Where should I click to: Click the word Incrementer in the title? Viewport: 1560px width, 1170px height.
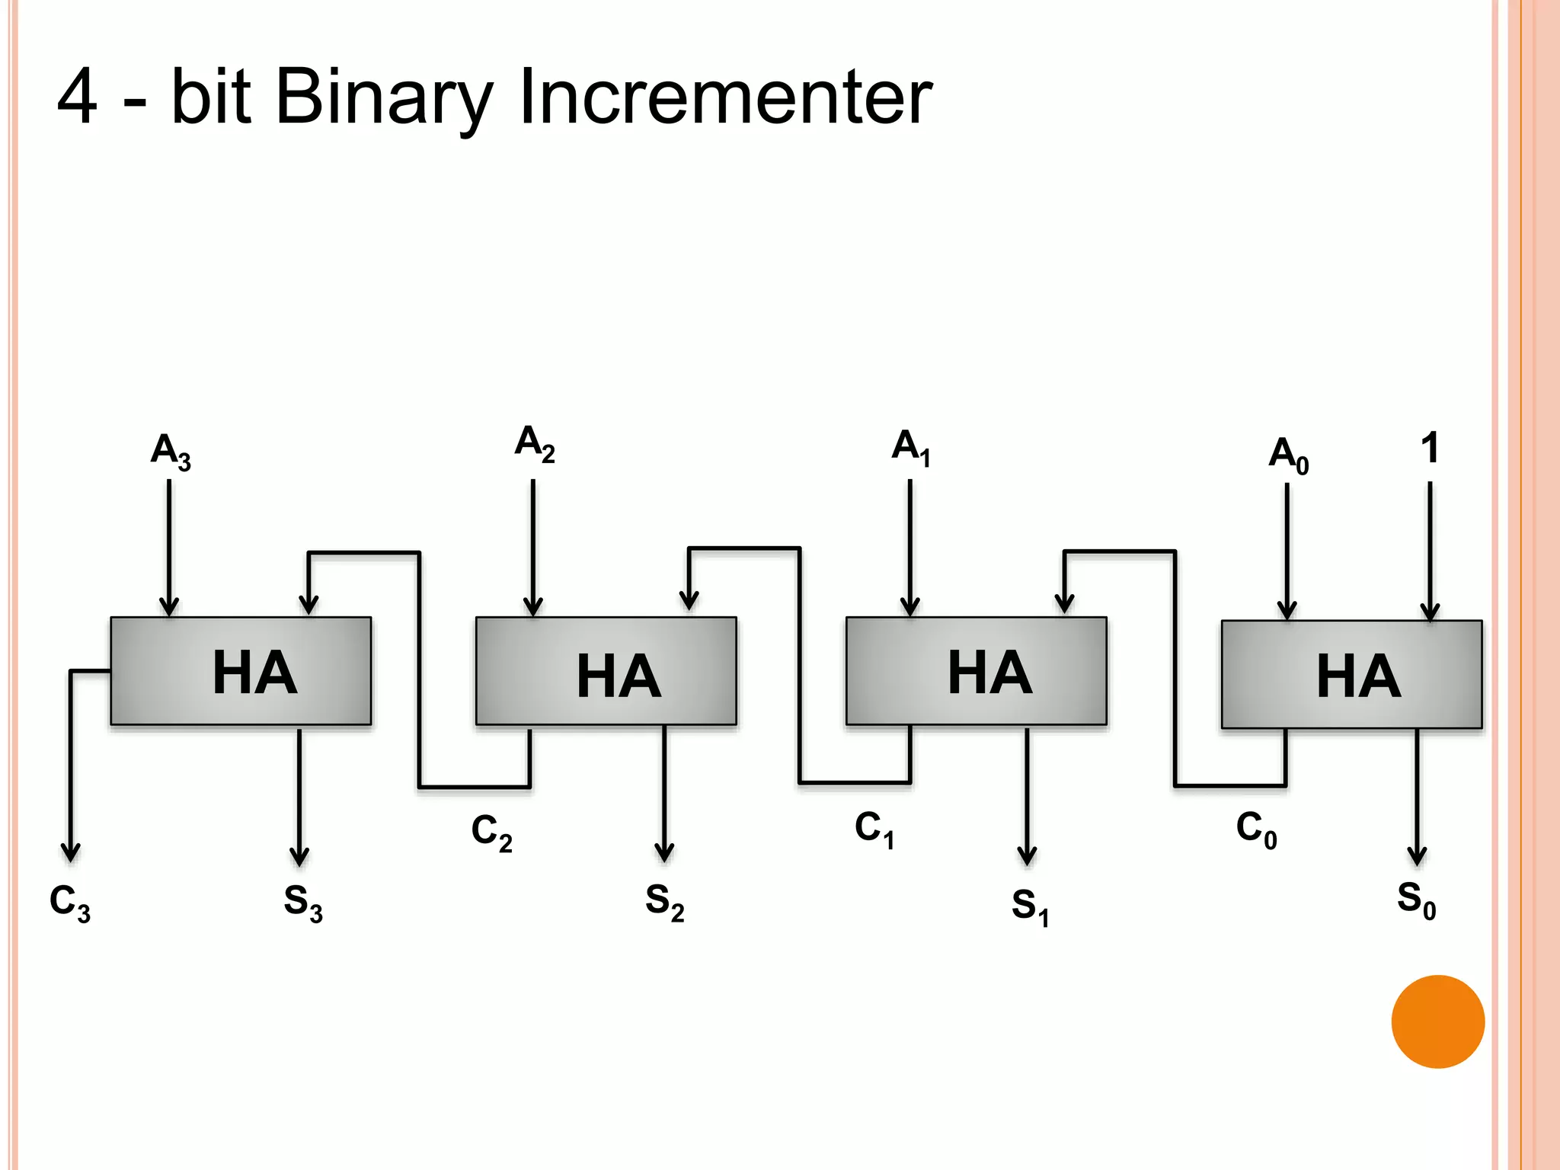[725, 97]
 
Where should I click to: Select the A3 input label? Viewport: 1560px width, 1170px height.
[171, 451]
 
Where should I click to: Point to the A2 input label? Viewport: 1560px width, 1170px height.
[535, 443]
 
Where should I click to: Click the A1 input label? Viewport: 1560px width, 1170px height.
[911, 447]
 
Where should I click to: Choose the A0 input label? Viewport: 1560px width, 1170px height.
[1288, 455]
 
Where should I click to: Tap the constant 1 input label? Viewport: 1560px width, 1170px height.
[1430, 448]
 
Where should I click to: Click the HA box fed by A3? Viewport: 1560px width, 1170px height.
[241, 671]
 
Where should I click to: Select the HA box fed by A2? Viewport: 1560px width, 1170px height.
[606, 671]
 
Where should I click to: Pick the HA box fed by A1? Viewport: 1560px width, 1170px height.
[976, 671]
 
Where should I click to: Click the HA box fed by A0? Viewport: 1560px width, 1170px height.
[1351, 675]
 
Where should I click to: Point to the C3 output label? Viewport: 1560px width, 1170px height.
[70, 903]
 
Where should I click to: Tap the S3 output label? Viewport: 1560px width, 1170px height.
[303, 903]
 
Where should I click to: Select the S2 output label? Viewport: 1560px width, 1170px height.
[665, 902]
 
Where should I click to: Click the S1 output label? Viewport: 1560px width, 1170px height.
[1031, 906]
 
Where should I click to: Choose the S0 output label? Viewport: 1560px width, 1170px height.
[1416, 900]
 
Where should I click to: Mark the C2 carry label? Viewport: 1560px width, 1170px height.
[492, 832]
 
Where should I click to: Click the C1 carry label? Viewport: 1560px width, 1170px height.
[874, 829]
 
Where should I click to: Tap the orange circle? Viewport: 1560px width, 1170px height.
[1437, 1021]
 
